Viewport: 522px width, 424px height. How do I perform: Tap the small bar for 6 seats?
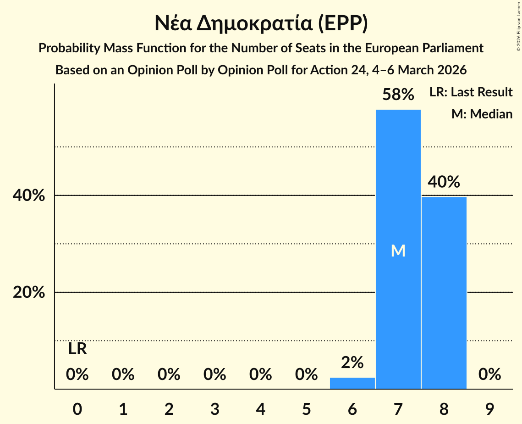(352, 383)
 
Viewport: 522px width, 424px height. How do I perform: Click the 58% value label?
(398, 95)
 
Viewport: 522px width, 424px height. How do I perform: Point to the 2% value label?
(352, 363)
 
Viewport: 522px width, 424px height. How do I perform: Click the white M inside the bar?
(398, 251)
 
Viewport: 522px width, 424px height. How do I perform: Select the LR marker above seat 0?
(77, 349)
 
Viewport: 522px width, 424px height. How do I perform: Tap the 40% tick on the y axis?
(29, 196)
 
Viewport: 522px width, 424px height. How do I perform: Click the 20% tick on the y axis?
(29, 292)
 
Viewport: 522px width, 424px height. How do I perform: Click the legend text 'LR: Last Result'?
(471, 92)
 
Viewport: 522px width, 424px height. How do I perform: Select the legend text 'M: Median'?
(482, 114)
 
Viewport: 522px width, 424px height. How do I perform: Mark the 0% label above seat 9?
(489, 374)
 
